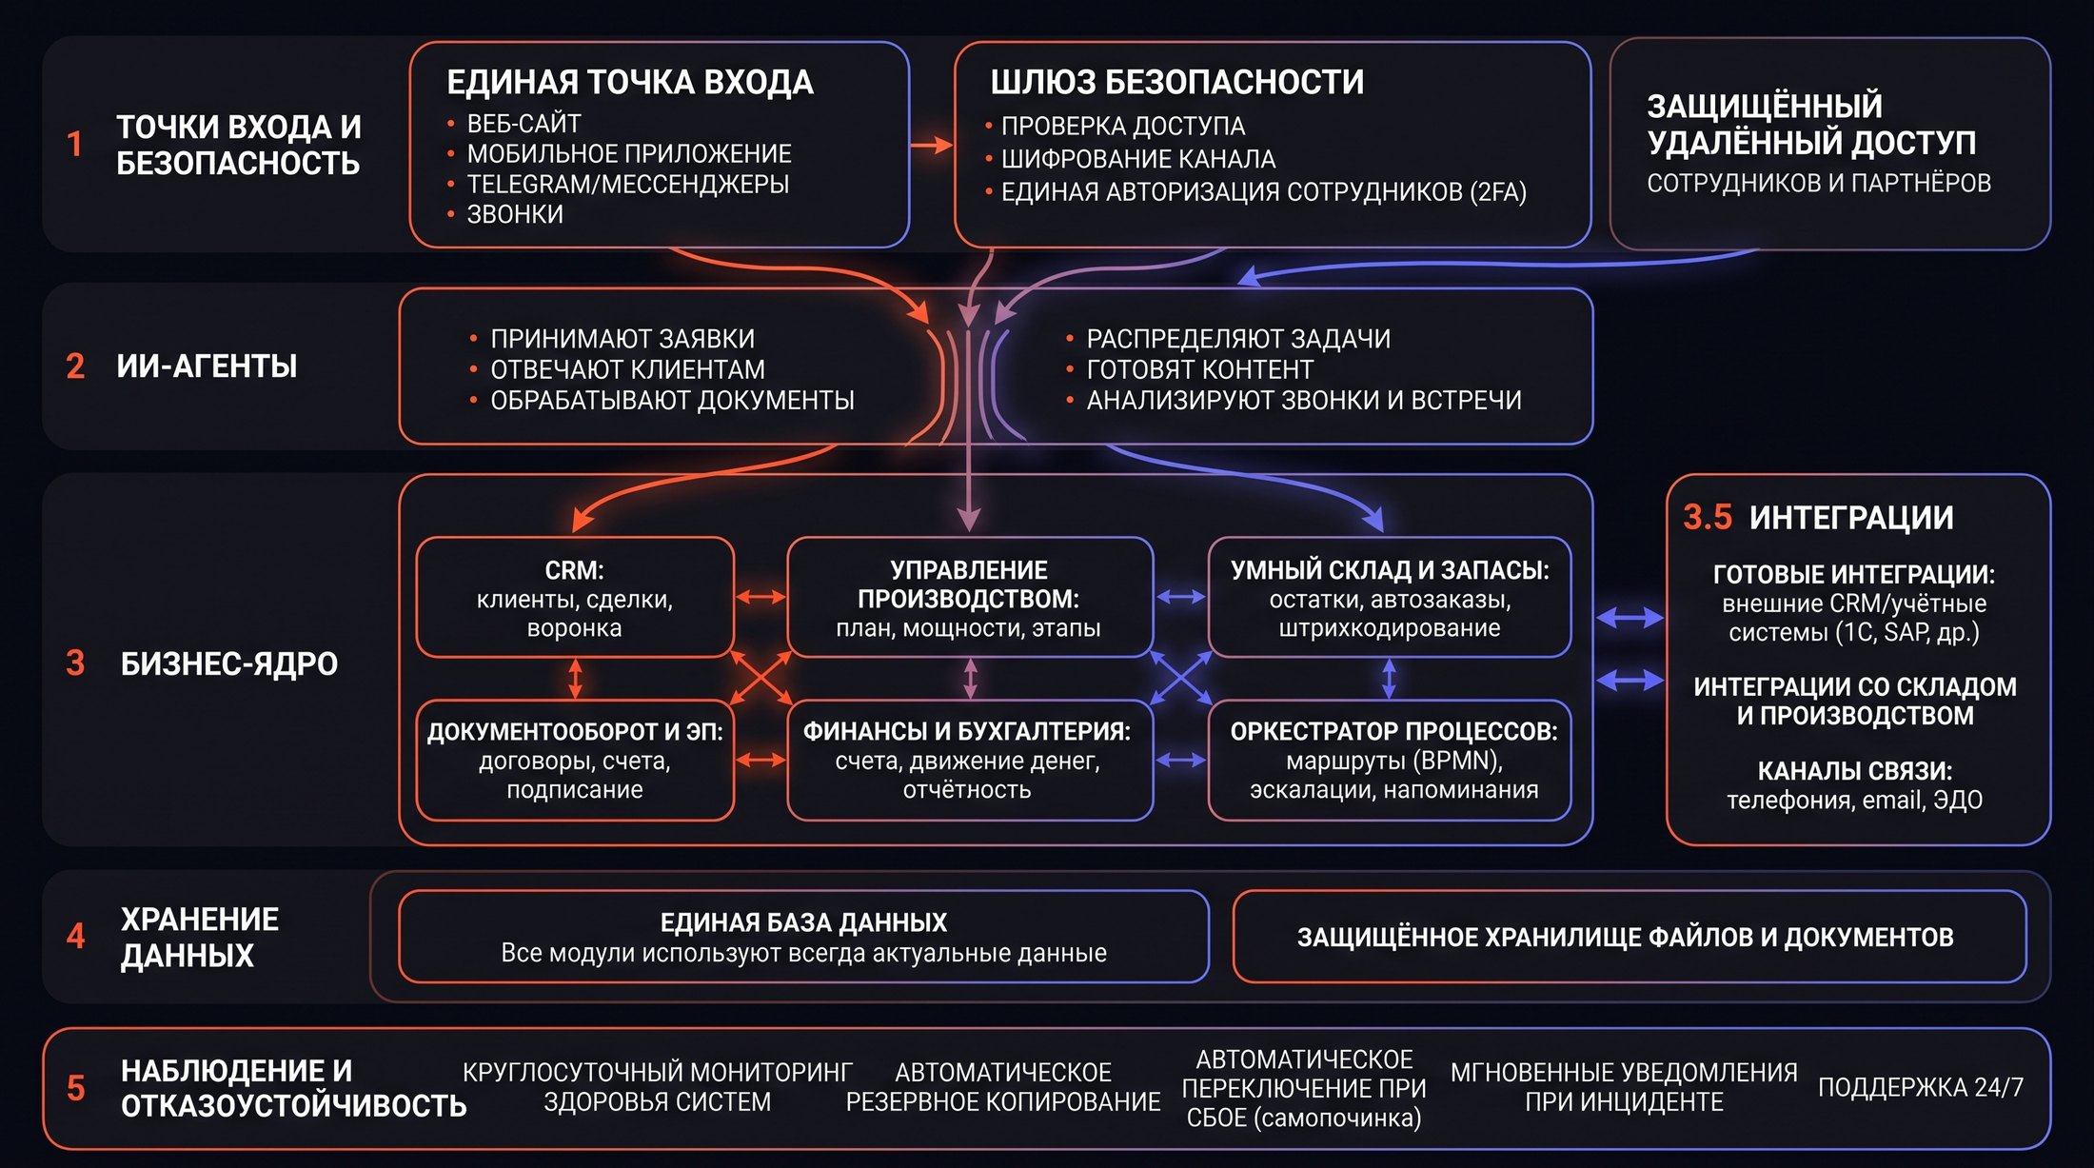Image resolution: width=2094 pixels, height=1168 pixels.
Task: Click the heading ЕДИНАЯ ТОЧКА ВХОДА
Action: click(x=630, y=82)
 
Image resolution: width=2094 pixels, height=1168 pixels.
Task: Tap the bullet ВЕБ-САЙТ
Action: click(x=523, y=124)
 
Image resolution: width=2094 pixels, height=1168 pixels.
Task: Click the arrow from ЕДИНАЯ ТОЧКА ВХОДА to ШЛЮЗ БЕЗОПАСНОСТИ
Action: click(x=932, y=145)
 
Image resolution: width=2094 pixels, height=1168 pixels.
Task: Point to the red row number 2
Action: click(x=75, y=366)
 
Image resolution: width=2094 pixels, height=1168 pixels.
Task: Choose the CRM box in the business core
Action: click(x=575, y=598)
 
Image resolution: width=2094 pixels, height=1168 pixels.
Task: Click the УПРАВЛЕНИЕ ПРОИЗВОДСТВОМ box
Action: click(x=970, y=598)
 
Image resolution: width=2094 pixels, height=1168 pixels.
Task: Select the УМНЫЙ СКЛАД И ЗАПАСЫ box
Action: click(x=1390, y=598)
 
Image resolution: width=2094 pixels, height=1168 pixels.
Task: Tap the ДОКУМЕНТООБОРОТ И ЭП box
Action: click(x=575, y=761)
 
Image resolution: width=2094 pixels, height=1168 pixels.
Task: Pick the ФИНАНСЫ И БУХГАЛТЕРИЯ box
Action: click(x=970, y=761)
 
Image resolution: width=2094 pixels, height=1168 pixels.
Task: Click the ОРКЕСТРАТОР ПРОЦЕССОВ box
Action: click(x=1390, y=761)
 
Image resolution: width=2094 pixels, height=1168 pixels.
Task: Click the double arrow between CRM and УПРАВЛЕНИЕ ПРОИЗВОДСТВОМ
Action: click(x=761, y=598)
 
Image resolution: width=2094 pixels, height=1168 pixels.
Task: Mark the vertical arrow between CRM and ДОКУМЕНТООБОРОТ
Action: click(x=575, y=679)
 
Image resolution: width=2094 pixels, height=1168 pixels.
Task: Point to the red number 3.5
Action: click(x=1708, y=517)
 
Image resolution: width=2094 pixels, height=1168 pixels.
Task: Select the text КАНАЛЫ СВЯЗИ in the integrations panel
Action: click(x=1854, y=771)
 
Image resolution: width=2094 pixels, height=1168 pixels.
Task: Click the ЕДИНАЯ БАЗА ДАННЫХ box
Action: click(x=803, y=937)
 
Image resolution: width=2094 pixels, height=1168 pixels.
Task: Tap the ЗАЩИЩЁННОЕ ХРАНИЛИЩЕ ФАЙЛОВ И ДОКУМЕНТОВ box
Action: click(x=1629, y=937)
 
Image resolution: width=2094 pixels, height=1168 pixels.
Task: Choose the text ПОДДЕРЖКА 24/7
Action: click(x=1921, y=1087)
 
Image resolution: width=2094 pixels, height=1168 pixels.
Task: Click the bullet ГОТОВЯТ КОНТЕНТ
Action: click(x=1199, y=369)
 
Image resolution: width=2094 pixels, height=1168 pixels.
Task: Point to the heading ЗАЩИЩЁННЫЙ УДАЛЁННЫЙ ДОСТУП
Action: click(x=1811, y=124)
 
